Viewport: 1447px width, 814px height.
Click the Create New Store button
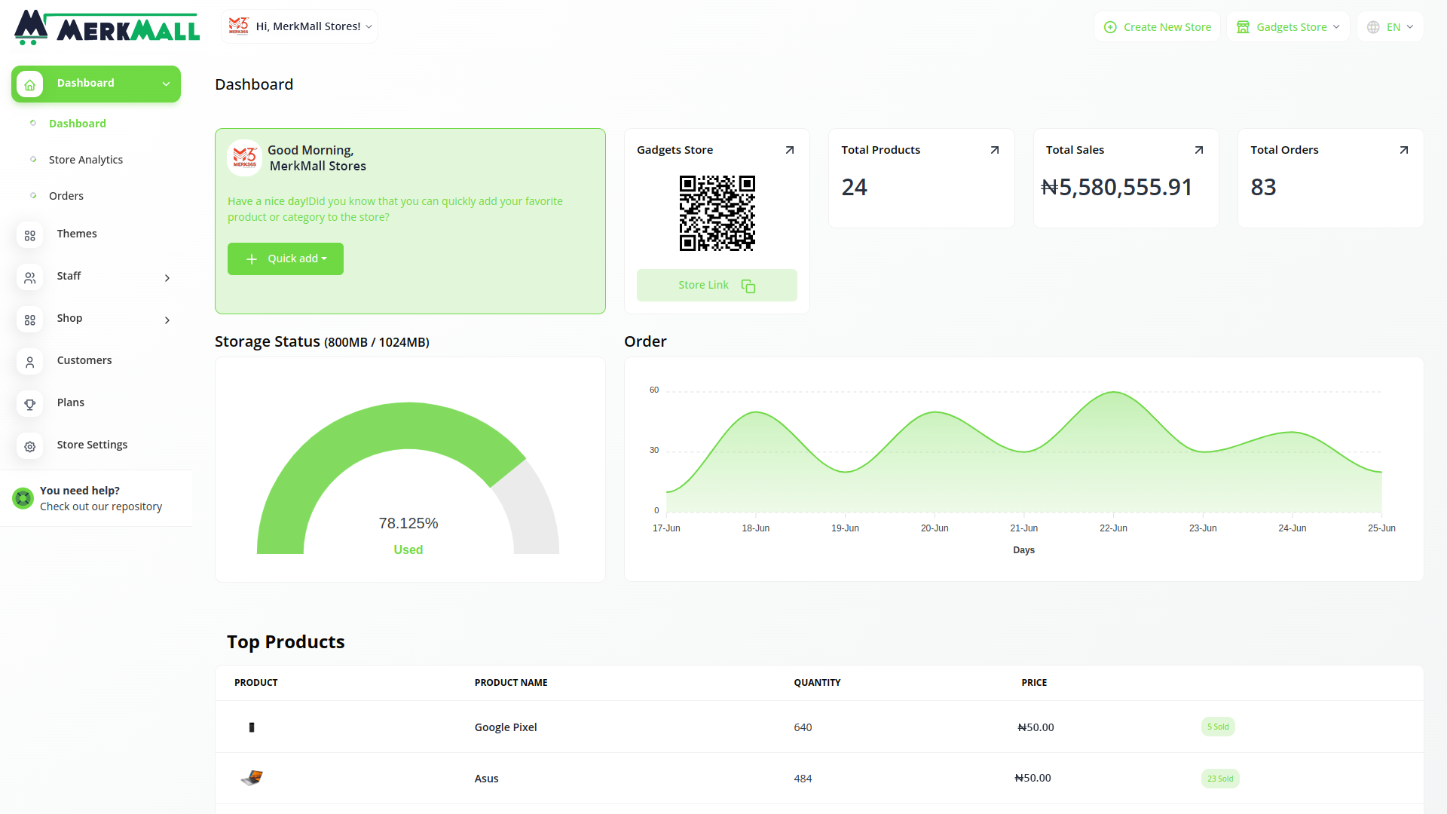coord(1157,27)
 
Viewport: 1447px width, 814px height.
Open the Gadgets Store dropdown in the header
coord(1288,27)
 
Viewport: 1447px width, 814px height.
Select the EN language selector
coord(1390,27)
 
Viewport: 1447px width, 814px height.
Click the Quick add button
coord(286,259)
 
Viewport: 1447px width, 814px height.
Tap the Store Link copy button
coord(717,286)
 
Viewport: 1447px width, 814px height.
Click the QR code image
coord(717,213)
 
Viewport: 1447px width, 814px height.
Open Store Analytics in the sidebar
coord(86,160)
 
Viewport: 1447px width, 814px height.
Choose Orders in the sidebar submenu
coord(66,196)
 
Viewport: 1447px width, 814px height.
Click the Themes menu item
coord(77,234)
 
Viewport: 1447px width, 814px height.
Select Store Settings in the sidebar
coord(92,445)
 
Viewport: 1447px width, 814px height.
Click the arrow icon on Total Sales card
coord(1199,150)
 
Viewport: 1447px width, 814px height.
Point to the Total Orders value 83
coord(1263,187)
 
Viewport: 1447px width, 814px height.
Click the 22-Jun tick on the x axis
coord(1113,528)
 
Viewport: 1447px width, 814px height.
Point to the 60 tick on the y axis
coord(654,390)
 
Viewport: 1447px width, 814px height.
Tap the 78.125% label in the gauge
coord(408,523)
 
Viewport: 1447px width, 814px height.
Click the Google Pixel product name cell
coord(506,727)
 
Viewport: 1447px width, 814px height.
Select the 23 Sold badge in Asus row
coord(1220,779)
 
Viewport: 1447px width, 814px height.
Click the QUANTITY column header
coord(817,683)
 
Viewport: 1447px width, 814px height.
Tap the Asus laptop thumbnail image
coord(252,778)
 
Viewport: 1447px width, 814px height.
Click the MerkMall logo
coord(107,27)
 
